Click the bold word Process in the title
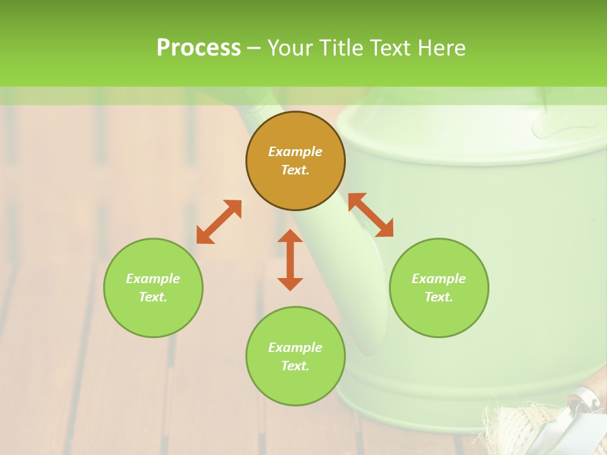pyautogui.click(x=199, y=48)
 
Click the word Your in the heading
pyautogui.click(x=291, y=48)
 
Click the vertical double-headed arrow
pyautogui.click(x=290, y=260)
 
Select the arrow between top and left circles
pyautogui.click(x=219, y=222)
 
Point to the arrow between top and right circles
pyautogui.click(x=371, y=215)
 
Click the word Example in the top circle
pyautogui.click(x=295, y=152)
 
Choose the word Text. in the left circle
pyautogui.click(x=153, y=297)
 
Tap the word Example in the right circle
pyautogui.click(x=439, y=279)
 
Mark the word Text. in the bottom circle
pyautogui.click(x=295, y=366)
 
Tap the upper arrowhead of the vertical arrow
pyautogui.click(x=290, y=236)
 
